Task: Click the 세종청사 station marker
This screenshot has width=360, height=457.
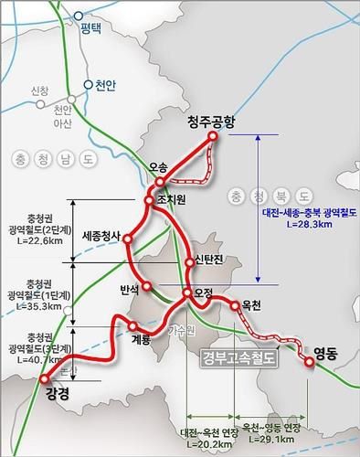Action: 128,239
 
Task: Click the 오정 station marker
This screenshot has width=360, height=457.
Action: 186,293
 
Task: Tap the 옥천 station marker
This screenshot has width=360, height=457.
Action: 235,306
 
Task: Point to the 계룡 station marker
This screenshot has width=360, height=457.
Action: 134,325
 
